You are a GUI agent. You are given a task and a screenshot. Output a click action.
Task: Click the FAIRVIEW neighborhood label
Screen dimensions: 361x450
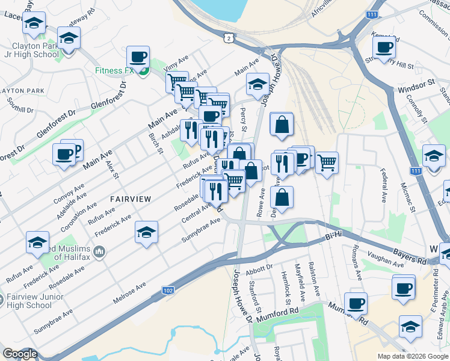click(x=130, y=198)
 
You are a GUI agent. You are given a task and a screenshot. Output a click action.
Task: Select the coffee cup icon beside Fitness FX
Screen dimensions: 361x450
click(x=138, y=58)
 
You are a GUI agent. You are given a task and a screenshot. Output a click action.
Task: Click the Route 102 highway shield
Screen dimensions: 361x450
click(x=169, y=291)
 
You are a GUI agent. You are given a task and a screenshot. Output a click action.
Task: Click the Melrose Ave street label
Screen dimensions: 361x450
click(x=129, y=294)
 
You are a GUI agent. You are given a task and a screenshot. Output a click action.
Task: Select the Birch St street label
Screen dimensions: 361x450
click(x=156, y=143)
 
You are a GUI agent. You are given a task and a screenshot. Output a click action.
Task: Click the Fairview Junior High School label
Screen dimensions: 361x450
click(x=30, y=301)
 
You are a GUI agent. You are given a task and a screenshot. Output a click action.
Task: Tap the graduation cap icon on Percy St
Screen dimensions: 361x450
click(x=257, y=85)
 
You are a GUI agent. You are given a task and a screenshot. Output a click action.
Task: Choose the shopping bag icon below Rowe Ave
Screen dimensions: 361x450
click(x=282, y=197)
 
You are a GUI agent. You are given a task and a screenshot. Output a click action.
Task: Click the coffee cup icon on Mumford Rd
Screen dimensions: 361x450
click(x=356, y=303)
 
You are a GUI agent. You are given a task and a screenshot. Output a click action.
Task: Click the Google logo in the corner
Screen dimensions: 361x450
click(x=20, y=354)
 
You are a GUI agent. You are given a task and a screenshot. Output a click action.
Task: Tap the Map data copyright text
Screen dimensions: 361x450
click(x=412, y=356)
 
